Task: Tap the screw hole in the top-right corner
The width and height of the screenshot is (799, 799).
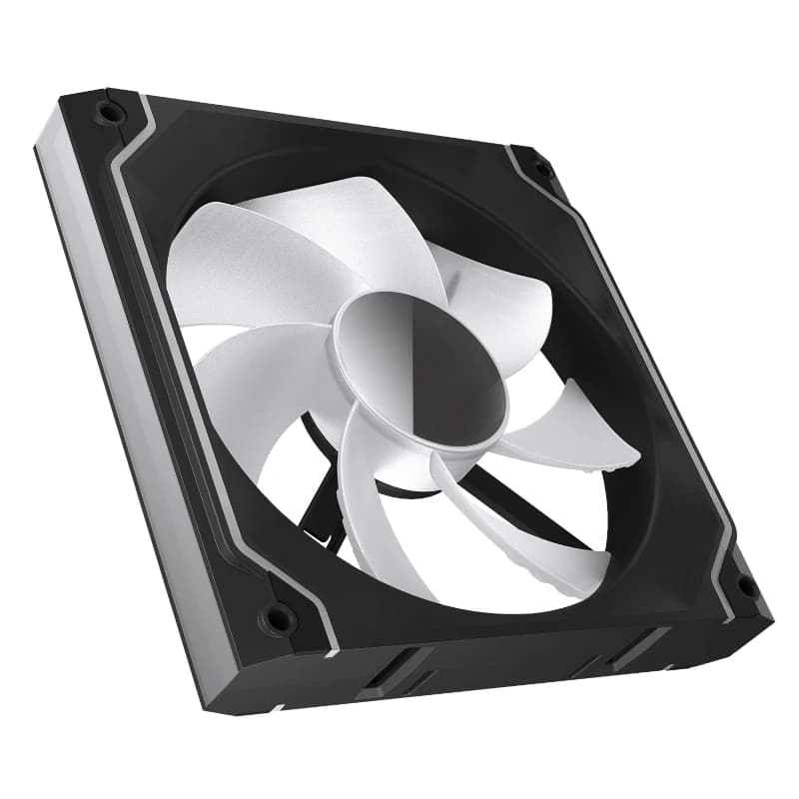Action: coord(540,171)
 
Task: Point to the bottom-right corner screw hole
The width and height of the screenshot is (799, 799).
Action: coord(744,586)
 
